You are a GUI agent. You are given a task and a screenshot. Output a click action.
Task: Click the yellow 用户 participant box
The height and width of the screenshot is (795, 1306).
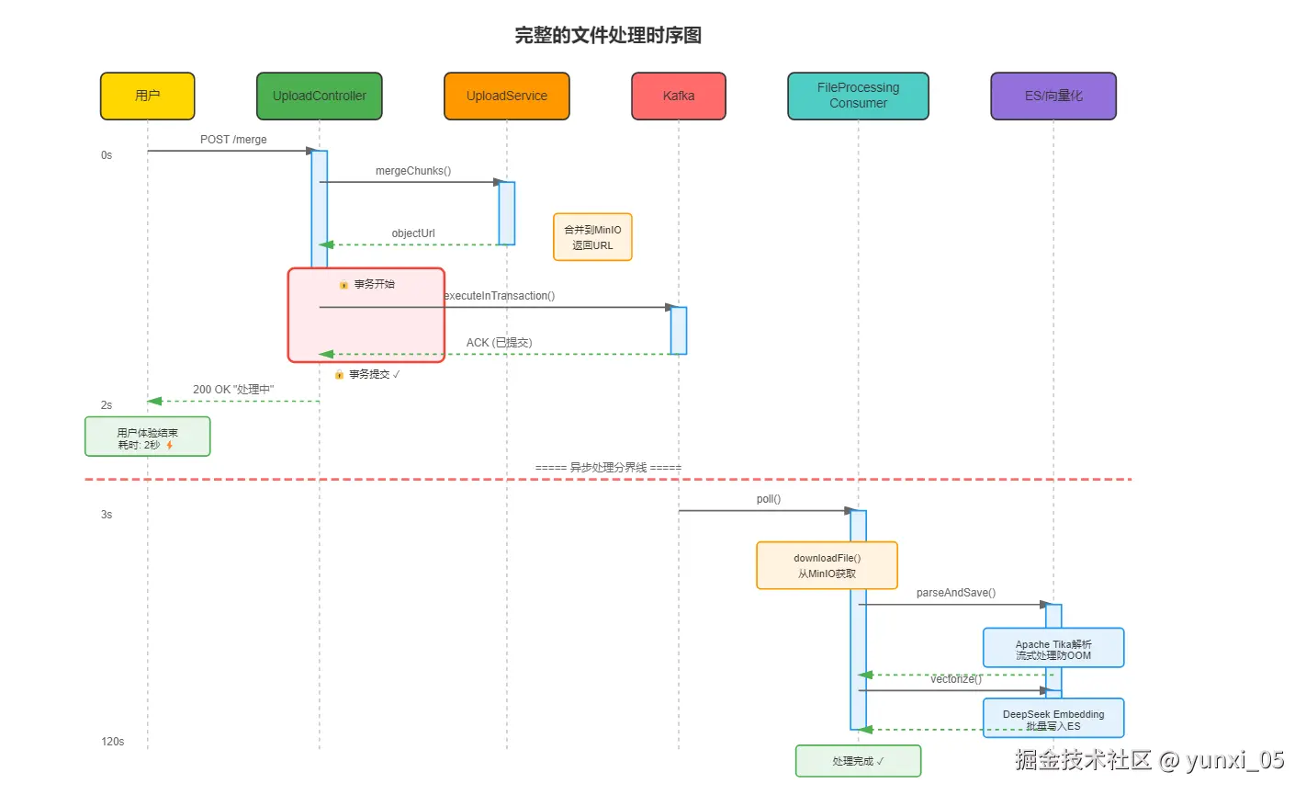(x=147, y=96)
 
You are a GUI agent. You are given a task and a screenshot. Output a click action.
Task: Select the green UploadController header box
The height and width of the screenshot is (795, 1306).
(x=320, y=96)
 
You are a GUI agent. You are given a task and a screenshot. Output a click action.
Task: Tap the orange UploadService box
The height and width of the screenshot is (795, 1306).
(x=506, y=96)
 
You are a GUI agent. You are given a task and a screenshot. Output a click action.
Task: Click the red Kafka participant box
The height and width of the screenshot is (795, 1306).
(x=679, y=96)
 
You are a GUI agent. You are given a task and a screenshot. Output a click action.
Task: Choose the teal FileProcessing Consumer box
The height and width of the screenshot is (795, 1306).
(x=858, y=96)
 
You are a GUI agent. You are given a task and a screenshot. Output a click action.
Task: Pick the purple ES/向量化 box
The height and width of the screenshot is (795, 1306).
(x=1053, y=96)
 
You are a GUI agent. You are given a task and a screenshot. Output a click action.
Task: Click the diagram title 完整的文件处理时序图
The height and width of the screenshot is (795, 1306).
(x=608, y=36)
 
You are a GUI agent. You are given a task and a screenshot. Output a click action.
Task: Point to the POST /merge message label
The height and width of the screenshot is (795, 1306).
(x=233, y=140)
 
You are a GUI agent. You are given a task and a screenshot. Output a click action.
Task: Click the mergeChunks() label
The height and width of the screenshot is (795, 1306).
(x=413, y=171)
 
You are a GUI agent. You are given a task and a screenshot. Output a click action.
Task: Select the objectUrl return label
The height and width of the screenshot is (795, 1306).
(x=413, y=233)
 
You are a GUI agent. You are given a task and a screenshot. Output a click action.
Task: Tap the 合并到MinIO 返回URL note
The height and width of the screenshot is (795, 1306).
(x=592, y=237)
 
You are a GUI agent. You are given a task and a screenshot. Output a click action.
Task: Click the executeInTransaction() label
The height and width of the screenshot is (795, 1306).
(x=500, y=296)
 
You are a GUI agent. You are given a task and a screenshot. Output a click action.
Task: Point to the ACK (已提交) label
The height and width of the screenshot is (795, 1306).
(x=499, y=343)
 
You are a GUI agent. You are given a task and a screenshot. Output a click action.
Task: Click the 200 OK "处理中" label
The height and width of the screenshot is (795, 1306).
(x=233, y=390)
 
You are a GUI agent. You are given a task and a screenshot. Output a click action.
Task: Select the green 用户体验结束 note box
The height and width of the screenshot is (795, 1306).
(x=147, y=437)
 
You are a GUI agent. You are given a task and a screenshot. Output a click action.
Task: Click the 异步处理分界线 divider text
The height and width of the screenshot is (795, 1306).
(x=608, y=468)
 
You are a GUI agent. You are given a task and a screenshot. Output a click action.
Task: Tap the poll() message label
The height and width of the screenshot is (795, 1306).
(x=769, y=499)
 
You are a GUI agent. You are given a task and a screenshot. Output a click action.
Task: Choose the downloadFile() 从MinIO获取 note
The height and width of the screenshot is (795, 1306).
(x=827, y=565)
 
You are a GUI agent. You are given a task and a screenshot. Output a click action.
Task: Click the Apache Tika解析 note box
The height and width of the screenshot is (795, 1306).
(x=1053, y=648)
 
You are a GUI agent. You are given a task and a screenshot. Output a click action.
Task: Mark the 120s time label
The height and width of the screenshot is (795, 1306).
(x=113, y=742)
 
